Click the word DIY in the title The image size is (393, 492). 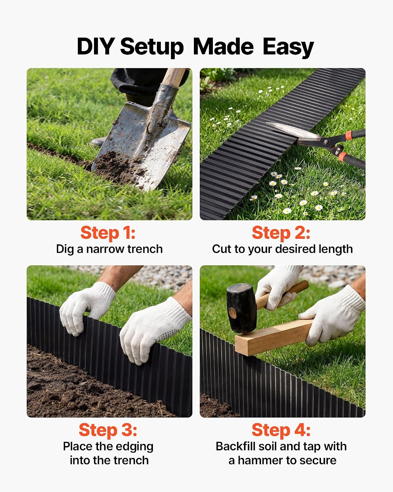click(96, 46)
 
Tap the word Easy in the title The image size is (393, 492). click(288, 48)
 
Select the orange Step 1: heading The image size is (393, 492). click(108, 233)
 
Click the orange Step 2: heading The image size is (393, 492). click(281, 233)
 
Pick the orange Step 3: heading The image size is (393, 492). click(108, 430)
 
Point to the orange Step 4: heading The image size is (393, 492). click(281, 430)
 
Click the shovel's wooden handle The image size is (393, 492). click(174, 77)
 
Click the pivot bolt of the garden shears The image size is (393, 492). click(326, 142)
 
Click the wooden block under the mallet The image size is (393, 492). click(273, 337)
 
